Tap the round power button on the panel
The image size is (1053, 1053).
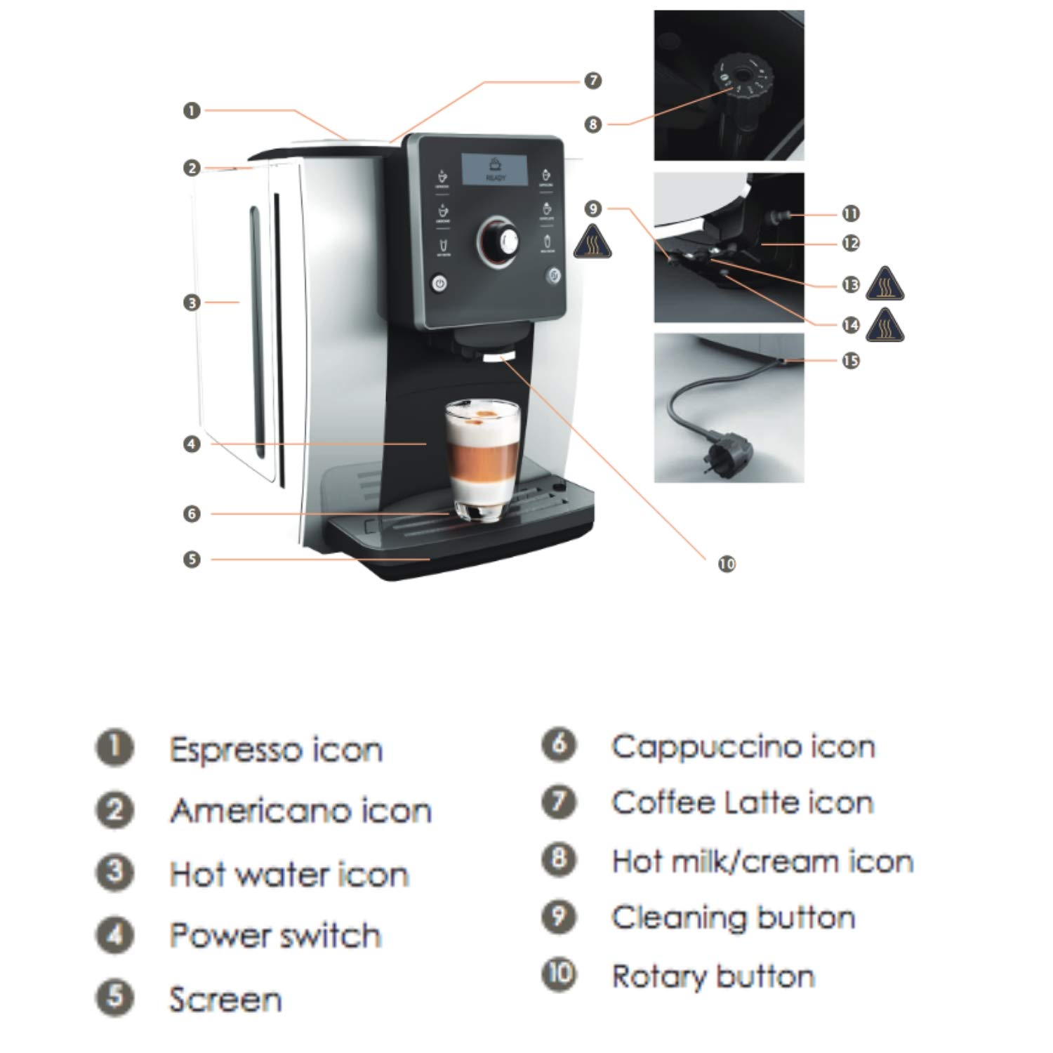pos(439,284)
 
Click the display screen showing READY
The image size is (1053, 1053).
pos(495,169)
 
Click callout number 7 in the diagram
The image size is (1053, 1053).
pos(593,81)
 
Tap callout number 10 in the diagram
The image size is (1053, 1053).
pos(727,564)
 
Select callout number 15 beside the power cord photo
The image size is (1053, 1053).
pos(851,361)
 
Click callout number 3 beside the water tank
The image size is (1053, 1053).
pos(192,303)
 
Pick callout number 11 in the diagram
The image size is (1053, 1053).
pos(851,213)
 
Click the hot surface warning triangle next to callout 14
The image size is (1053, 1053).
pos(885,326)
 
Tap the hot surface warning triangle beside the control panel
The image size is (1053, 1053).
pos(592,242)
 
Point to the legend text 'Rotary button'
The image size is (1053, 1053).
pos(713,977)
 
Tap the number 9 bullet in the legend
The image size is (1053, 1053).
pos(559,917)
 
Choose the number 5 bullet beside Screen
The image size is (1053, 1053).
pos(114,998)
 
